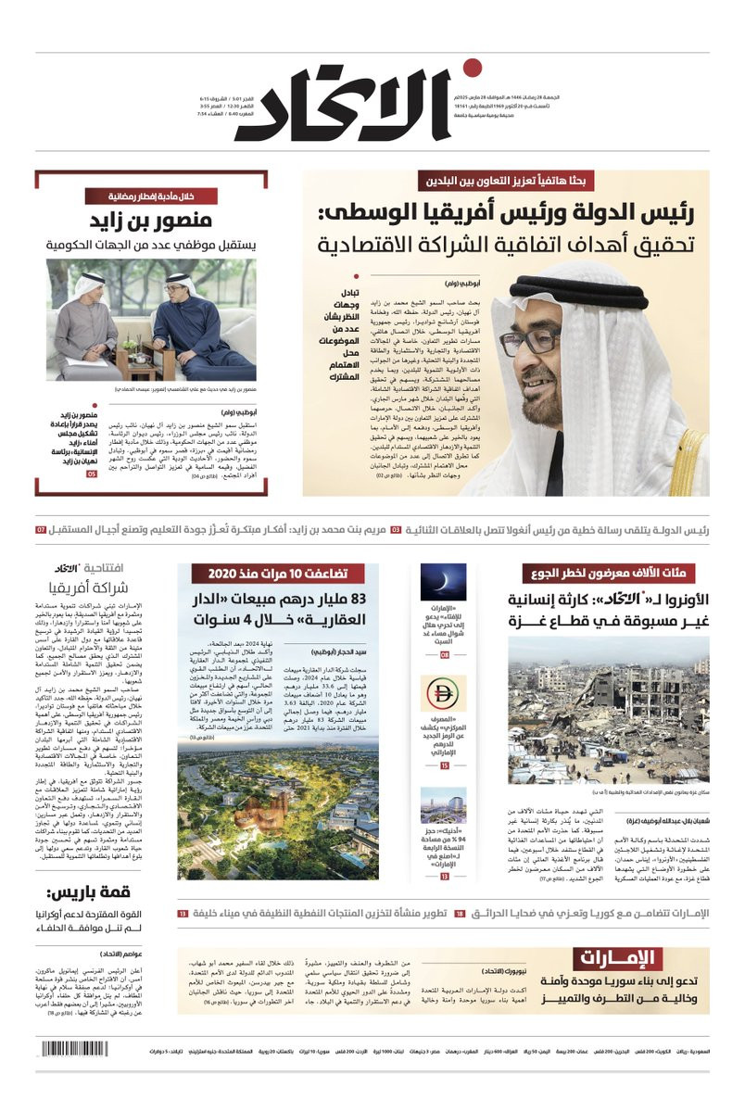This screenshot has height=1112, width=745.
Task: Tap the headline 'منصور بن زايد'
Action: tap(151, 221)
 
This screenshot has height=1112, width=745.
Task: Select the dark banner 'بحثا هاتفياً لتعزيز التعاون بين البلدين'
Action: tap(505, 183)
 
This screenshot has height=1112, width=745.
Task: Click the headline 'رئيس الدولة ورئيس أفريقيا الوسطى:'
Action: tap(505, 214)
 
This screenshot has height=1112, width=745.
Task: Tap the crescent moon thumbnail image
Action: tap(444, 581)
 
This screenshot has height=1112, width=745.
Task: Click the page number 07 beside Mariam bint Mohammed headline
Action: tap(41, 530)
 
